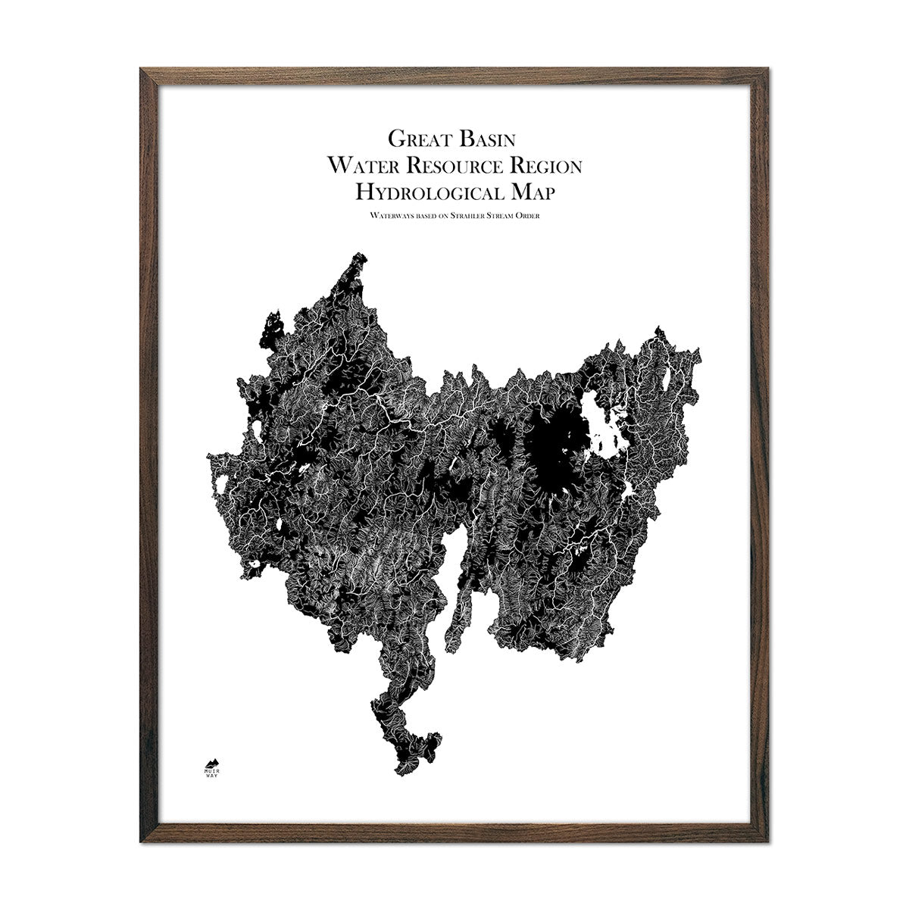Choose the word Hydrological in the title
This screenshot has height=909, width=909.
tap(424, 191)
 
